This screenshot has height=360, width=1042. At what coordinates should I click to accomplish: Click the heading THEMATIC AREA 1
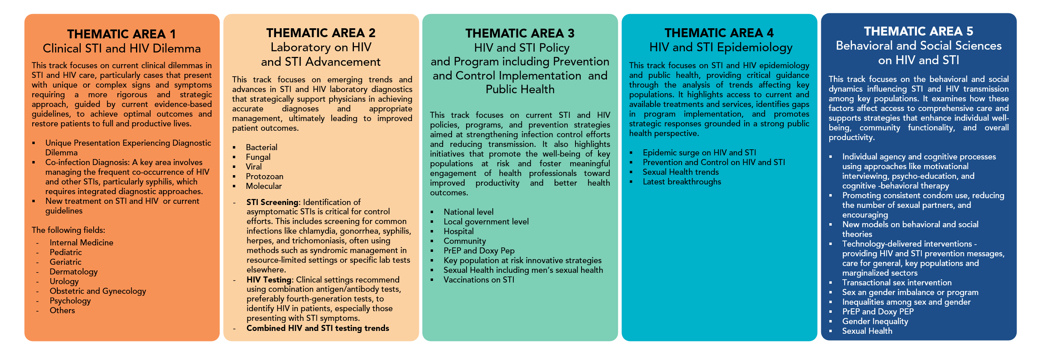121,34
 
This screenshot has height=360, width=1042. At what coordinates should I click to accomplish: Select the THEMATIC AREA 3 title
520,33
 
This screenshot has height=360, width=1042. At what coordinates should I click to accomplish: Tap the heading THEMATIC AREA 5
918,31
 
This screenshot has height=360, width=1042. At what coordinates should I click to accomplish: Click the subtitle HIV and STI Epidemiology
720,47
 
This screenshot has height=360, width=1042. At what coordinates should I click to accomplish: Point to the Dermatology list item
73,272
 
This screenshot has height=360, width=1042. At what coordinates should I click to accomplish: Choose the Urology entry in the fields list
64,282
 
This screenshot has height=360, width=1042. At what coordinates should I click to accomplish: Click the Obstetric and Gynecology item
98,291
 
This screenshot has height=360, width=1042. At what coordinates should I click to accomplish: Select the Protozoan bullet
264,176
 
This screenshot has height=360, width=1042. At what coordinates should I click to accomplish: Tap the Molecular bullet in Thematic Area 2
264,186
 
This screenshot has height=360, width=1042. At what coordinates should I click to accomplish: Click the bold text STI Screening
273,202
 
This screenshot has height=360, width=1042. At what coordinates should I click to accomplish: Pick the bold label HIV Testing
269,280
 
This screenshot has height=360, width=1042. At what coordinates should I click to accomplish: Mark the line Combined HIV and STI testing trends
318,329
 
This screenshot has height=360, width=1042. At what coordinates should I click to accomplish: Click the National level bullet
468,212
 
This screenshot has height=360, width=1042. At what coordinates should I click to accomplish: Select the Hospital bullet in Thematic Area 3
458,231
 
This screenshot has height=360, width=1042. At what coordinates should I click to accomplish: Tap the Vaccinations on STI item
479,280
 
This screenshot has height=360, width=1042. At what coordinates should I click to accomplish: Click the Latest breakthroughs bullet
682,182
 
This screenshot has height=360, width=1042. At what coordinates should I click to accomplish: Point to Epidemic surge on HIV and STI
699,153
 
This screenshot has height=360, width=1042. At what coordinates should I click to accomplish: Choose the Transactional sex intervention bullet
896,283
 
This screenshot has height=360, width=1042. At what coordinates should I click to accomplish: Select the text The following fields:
68,230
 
